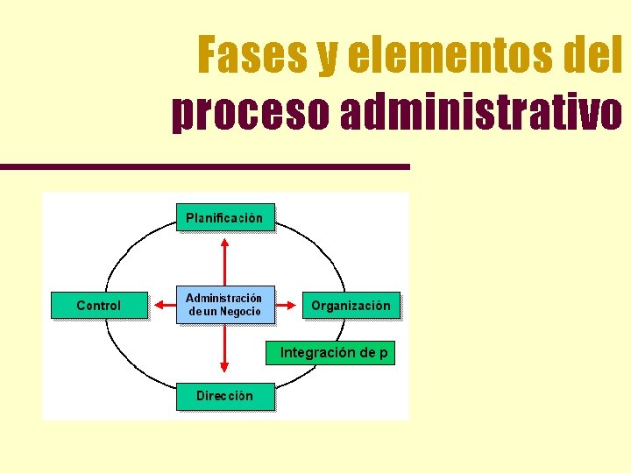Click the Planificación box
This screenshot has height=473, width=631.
(224, 218)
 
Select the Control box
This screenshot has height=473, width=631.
(99, 306)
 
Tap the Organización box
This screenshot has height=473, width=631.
(351, 306)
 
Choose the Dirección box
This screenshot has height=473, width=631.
(224, 396)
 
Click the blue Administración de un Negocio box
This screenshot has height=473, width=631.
(224, 305)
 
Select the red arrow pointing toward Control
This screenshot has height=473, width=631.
(164, 306)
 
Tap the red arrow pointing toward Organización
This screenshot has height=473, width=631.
(287, 306)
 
